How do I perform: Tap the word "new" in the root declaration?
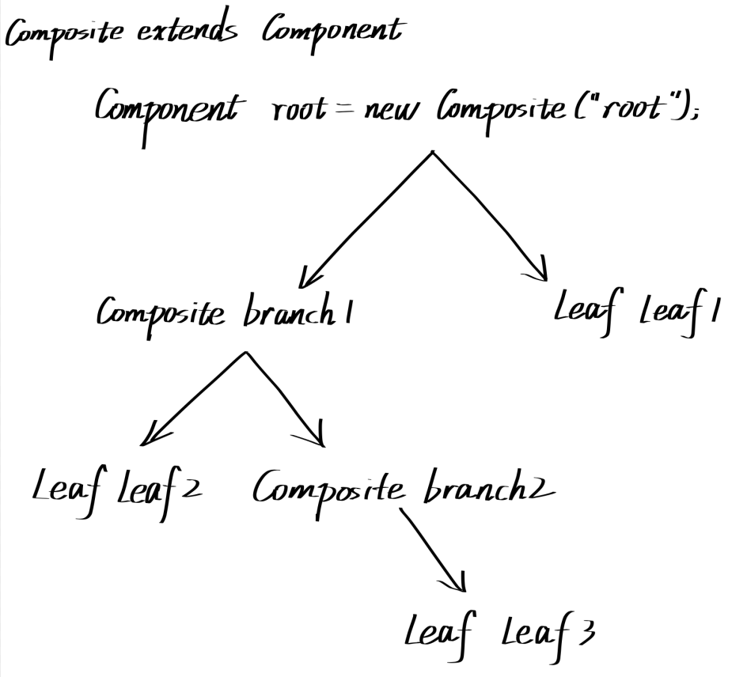click(391, 111)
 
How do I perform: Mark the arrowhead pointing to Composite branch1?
click(305, 278)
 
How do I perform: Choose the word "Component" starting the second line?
click(165, 111)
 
